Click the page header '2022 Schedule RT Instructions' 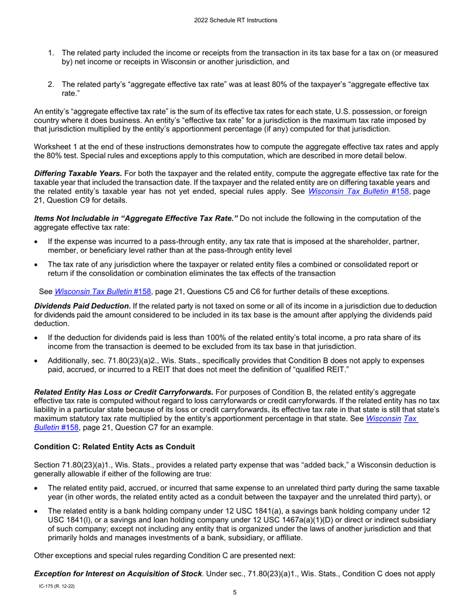[236, 20]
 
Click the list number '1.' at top [51, 53]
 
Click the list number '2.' [51, 84]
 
